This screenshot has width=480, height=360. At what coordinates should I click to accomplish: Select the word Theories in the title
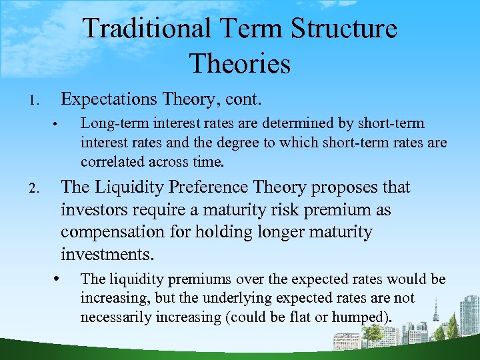[240, 64]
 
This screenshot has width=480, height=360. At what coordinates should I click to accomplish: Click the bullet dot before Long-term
[59, 125]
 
